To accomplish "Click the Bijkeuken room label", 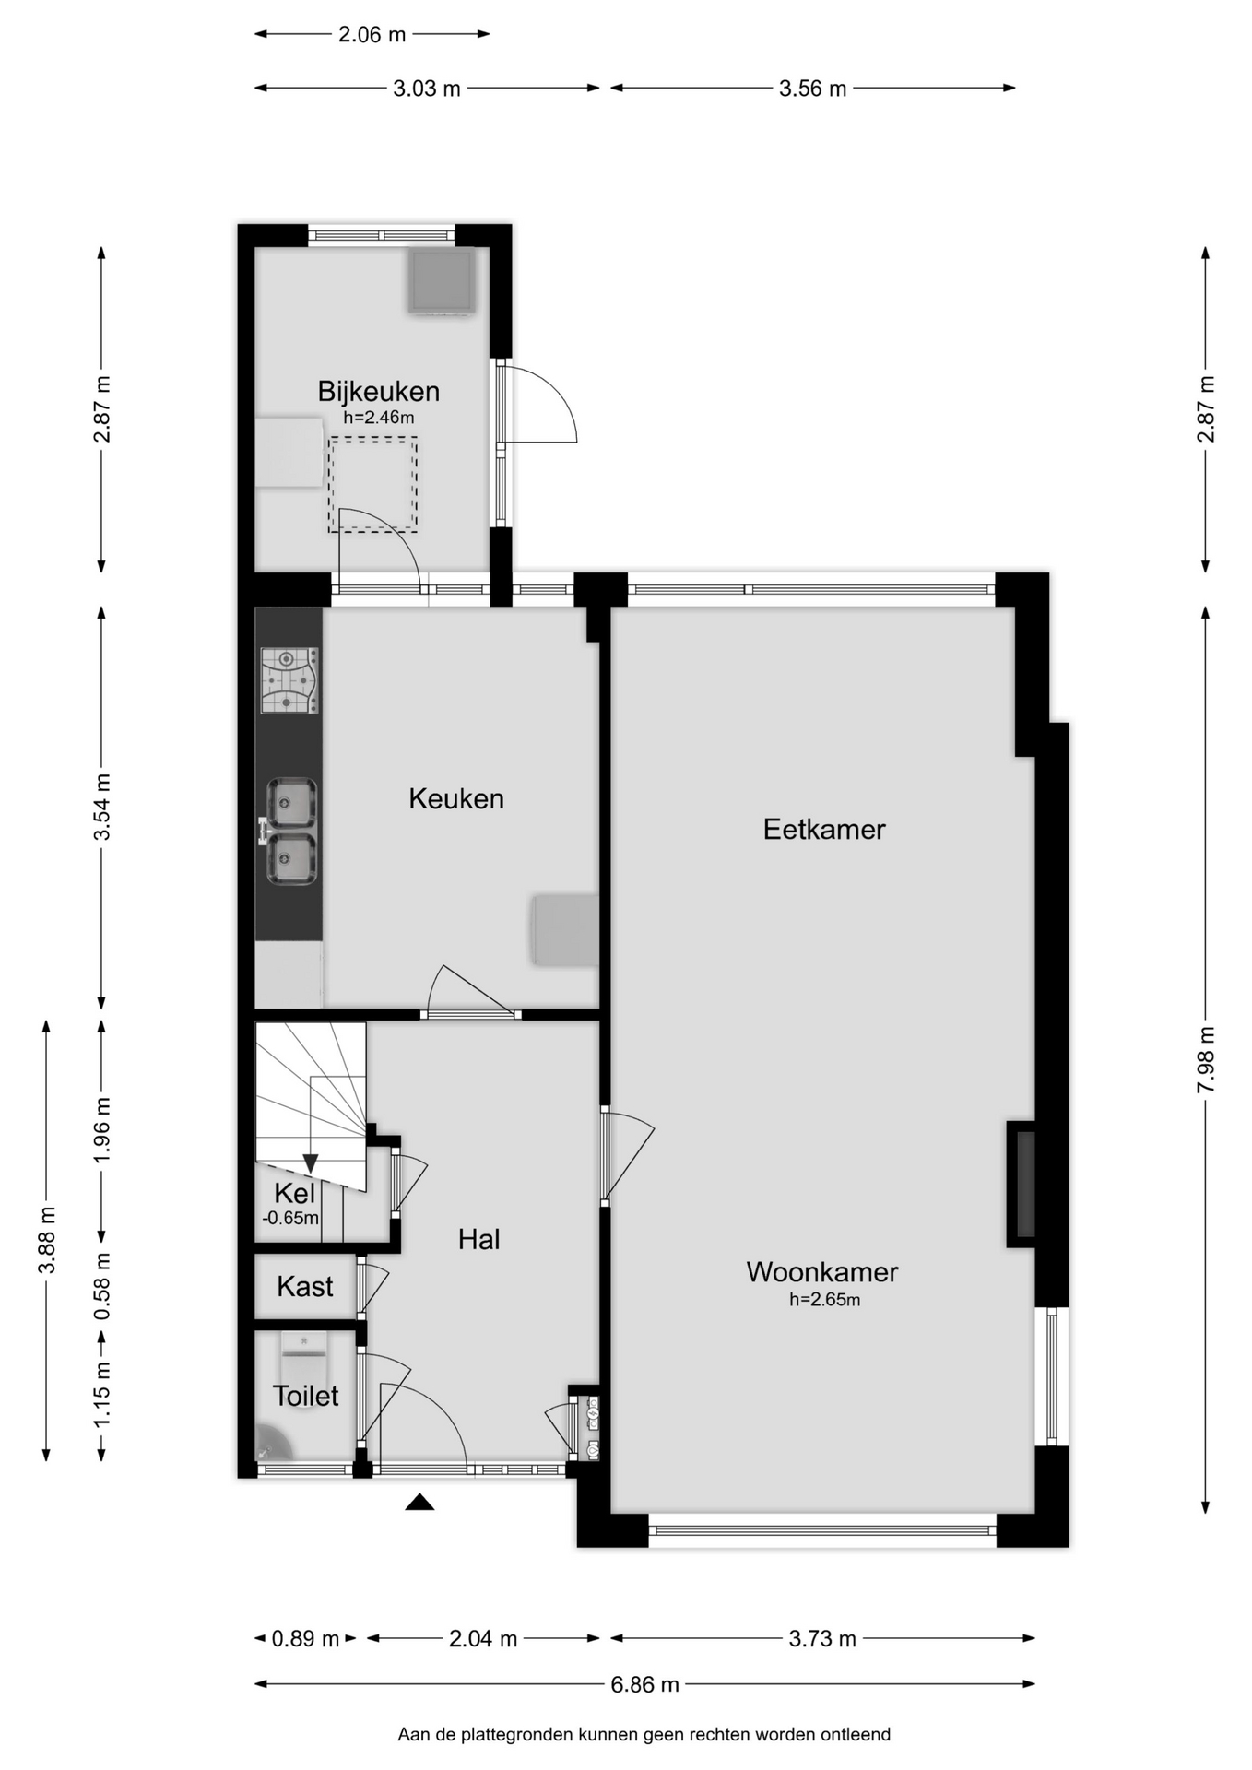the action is click(x=378, y=392).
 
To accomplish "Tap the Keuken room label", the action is click(x=456, y=798).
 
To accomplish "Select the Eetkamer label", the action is click(x=824, y=830).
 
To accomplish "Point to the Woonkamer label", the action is click(x=821, y=1272).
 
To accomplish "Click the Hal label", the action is click(x=478, y=1240).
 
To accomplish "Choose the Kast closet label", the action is click(x=305, y=1286).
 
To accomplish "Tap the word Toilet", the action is click(x=305, y=1396).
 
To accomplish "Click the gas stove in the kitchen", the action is click(x=289, y=680).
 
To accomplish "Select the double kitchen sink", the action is click(x=290, y=831).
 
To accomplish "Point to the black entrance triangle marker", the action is click(x=419, y=1503).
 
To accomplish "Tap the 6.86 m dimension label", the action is click(x=644, y=1684).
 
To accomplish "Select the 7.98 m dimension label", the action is click(x=1206, y=1059).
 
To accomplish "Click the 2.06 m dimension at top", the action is click(x=372, y=35).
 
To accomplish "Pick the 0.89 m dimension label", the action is click(x=305, y=1638).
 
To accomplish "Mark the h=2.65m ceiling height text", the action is click(x=824, y=1300).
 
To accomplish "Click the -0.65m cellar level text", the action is click(x=290, y=1218).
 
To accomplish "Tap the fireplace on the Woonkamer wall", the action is click(x=1022, y=1184).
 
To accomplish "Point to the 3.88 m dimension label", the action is click(x=47, y=1240).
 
